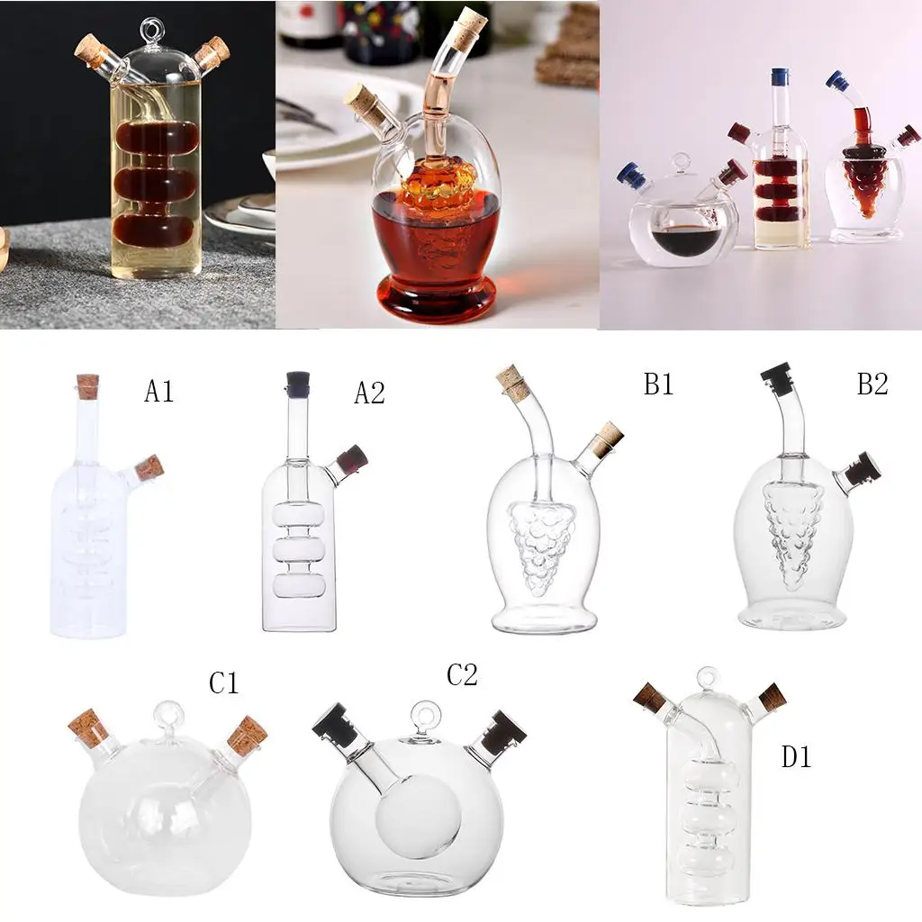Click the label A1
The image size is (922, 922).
pos(158,392)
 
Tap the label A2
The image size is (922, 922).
pos(368,393)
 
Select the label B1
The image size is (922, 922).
pos(658,384)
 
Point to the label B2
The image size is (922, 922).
pos(872,384)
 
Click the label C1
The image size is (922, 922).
pos(223,683)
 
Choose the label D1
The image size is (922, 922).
pos(796,757)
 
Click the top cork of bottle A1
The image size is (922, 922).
pos(87,386)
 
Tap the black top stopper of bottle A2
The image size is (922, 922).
pos(298,384)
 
